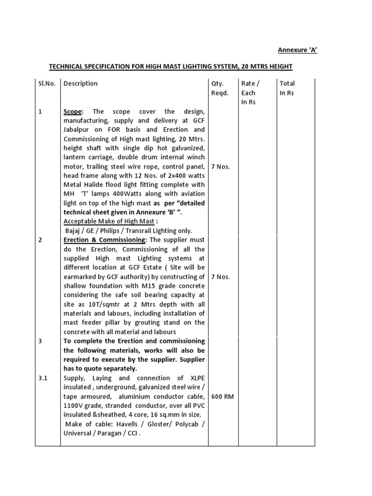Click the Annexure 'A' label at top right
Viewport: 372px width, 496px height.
pos(297,50)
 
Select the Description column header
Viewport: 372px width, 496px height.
pos(80,83)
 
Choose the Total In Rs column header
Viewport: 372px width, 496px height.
pos(287,88)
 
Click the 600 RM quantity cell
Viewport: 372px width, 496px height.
pos(222,396)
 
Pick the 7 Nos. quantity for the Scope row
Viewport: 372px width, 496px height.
pos(220,167)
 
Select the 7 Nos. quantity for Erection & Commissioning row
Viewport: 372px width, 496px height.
pos(220,277)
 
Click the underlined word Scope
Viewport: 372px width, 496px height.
pos(73,111)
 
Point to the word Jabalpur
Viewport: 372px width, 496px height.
pos(78,130)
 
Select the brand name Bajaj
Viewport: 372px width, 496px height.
pos(75,231)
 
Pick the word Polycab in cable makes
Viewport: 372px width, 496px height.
pos(186,424)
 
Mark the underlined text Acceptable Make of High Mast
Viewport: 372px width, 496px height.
pos(108,221)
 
